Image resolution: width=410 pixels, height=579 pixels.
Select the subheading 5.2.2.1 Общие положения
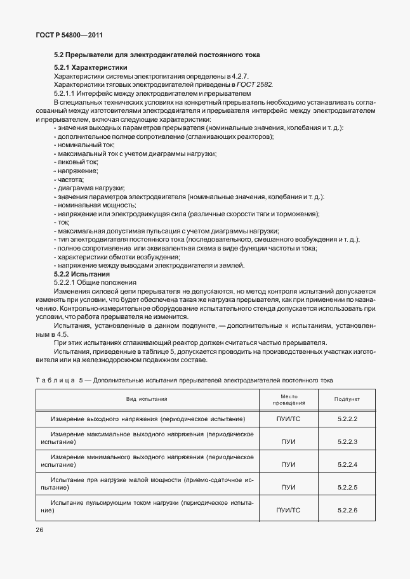click(x=95, y=282)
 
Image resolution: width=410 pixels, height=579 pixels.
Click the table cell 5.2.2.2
click(x=347, y=420)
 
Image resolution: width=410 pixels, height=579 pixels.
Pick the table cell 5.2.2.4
click(x=347, y=465)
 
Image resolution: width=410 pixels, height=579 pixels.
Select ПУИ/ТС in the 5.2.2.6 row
click(x=289, y=511)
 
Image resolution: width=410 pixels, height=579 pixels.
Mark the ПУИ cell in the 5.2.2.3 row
click(x=289, y=442)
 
